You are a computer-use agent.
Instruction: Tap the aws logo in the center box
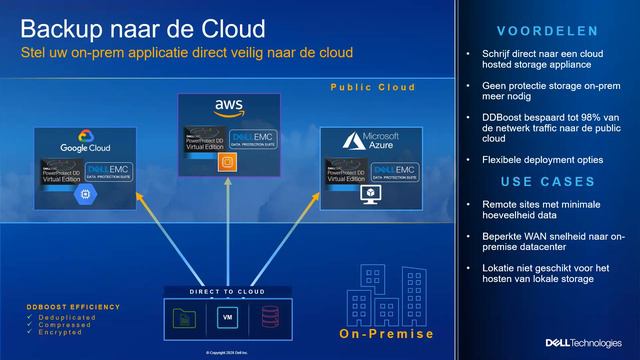tap(228, 106)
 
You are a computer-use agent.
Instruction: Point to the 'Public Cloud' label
tap(373, 88)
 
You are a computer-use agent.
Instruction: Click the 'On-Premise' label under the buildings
tap(386, 334)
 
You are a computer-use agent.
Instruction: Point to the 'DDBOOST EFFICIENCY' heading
tap(74, 306)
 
